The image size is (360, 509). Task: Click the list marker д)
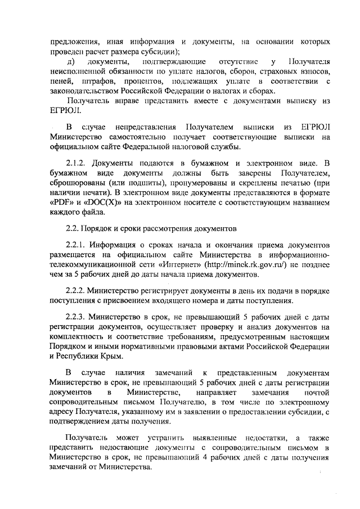click(x=71, y=61)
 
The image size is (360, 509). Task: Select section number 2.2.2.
click(x=76, y=291)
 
